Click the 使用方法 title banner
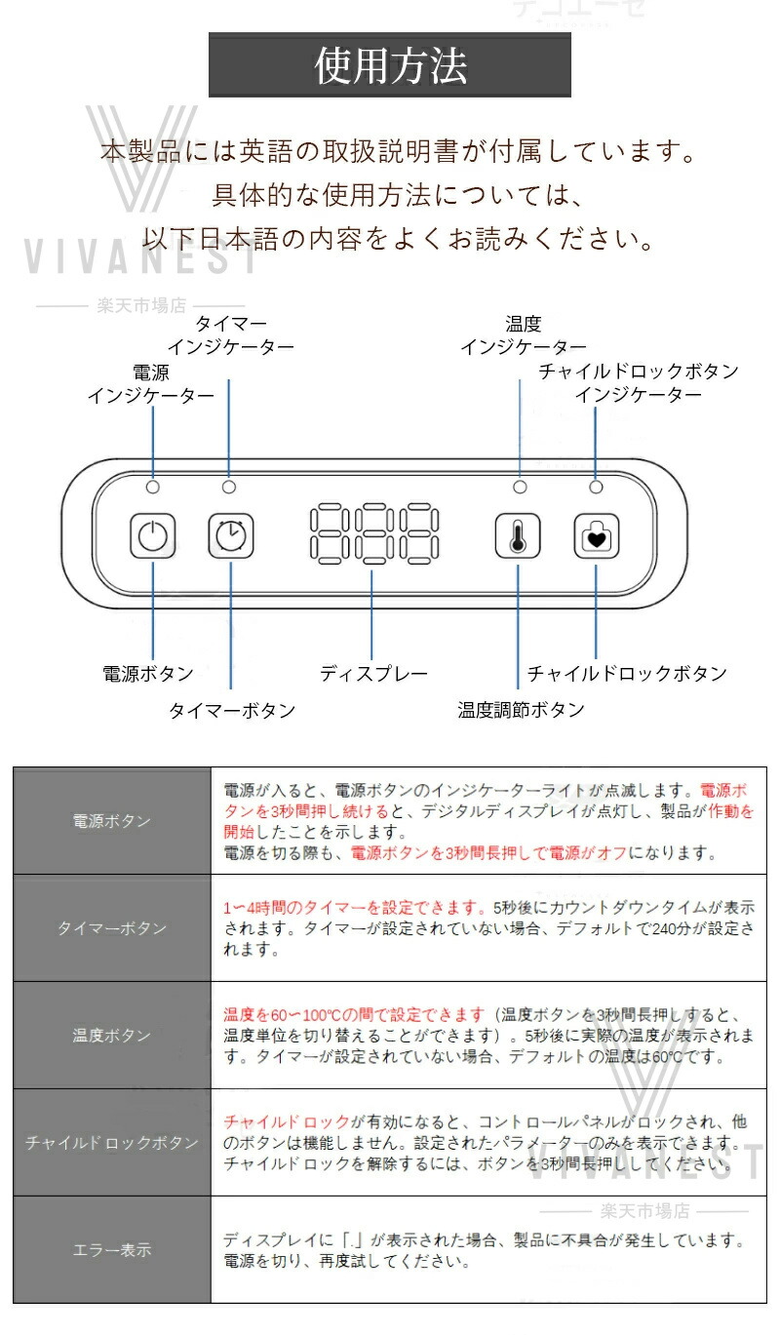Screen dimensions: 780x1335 [x=390, y=64]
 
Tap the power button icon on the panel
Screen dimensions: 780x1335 [x=152, y=535]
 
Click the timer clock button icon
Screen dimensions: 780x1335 [x=231, y=535]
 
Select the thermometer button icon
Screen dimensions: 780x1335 [x=518, y=535]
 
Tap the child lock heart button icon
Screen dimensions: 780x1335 [x=596, y=535]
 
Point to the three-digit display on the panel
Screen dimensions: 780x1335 [x=374, y=534]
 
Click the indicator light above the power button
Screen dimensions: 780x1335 [x=152, y=487]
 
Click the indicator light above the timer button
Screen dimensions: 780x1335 [x=229, y=487]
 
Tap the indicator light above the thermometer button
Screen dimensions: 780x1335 [x=520, y=487]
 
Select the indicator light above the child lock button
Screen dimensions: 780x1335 [x=596, y=487]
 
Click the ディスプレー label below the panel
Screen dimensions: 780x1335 [x=373, y=674]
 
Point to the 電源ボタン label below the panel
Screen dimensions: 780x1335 [x=148, y=674]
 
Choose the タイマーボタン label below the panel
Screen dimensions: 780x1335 [x=232, y=710]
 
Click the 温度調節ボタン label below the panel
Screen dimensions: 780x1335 [x=521, y=709]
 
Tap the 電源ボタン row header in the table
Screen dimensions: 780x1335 [x=111, y=821]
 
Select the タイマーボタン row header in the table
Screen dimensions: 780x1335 [x=111, y=928]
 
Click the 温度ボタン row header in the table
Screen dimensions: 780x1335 [x=111, y=1036]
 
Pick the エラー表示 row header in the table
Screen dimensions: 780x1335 [x=111, y=1250]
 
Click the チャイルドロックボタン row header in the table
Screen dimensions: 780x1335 [x=111, y=1143]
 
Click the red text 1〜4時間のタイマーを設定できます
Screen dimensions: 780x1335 [x=354, y=908]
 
